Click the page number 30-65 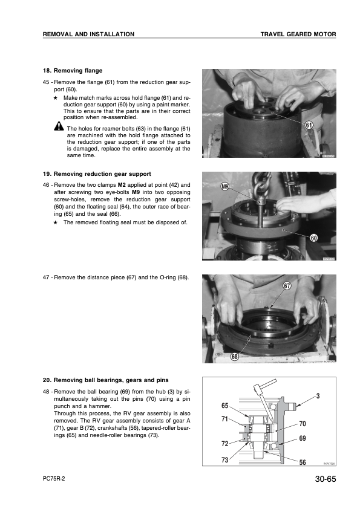pos(326,479)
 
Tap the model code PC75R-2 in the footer pos(54,479)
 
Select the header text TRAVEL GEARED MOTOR pos(298,34)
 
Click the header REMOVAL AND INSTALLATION pos(88,34)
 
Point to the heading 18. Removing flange pos(73,71)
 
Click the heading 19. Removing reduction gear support pos(97,174)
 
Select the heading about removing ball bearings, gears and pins pos(106,380)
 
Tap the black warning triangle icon pos(59,126)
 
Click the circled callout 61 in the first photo pos(309,125)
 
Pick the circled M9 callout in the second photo pos(225,187)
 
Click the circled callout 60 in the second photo pos(313,238)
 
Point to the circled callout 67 pos(287,286)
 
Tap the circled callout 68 pos(235,357)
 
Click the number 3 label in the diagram pos(318,396)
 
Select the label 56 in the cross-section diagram pos(303,462)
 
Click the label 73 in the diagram pos(225,460)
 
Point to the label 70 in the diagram pos(303,424)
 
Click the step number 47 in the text pos(46,277)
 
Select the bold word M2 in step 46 pos(122,185)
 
